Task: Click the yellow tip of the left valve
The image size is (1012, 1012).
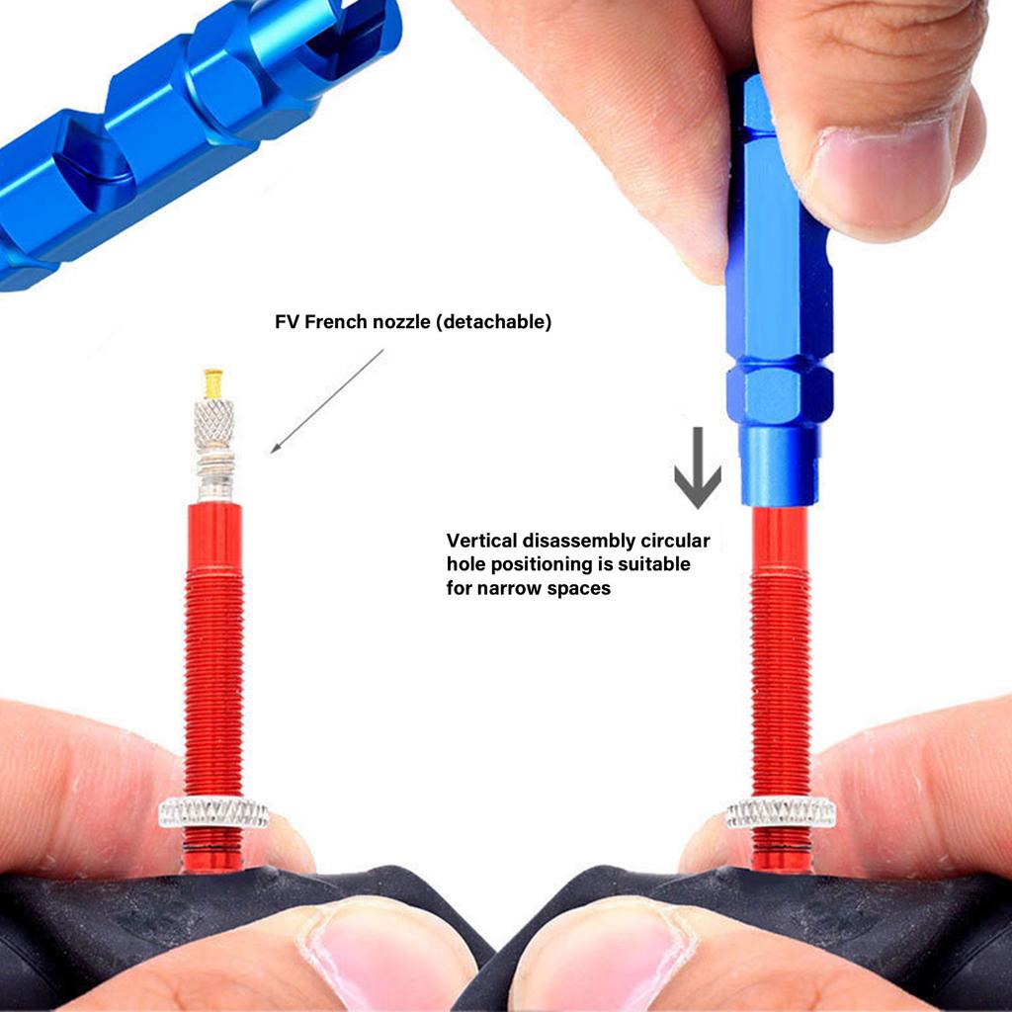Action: coord(213,383)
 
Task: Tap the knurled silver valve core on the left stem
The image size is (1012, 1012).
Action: coord(214,425)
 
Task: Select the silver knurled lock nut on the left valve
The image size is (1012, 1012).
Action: coord(213,812)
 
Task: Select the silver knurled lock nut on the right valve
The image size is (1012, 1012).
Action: coord(781,812)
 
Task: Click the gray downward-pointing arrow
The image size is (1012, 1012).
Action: coord(698,466)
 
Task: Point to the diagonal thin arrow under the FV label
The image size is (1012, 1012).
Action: coord(327,400)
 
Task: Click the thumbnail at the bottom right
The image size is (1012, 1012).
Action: coord(603,954)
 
